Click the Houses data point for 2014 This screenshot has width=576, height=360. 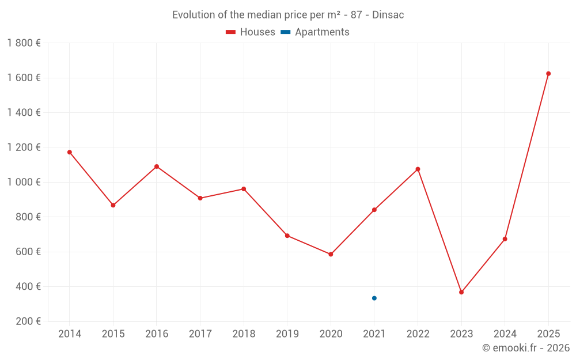coord(70,152)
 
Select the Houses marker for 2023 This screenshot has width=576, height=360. coord(461,292)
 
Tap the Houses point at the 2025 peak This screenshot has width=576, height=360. coord(548,74)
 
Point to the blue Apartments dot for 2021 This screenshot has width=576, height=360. coord(374,298)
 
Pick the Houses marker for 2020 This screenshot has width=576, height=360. coord(331,254)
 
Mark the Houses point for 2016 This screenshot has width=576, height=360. coord(157,166)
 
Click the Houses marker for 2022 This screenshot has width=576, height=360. coord(418,169)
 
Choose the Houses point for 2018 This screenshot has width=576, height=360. coord(244,189)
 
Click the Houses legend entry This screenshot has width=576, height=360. coord(251,32)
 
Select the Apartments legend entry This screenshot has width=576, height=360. coord(316,32)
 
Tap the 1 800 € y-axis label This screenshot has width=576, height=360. coord(24,43)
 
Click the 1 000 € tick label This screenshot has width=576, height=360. coord(24,182)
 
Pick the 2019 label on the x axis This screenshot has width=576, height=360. coord(287,334)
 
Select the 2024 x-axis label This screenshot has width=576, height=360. coord(505,334)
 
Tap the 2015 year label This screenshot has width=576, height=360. coord(113,334)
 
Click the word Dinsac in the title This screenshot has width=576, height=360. coord(388,15)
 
